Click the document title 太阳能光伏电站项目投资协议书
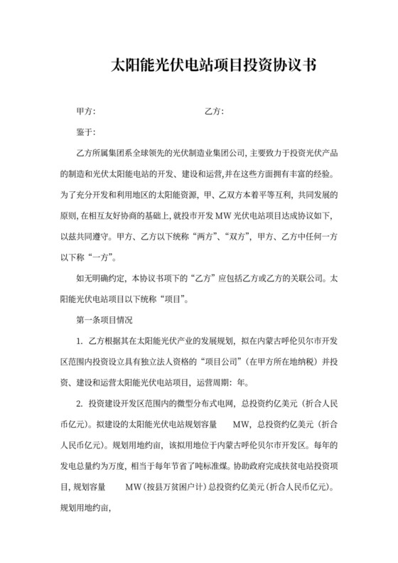(200, 66)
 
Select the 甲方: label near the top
(85, 112)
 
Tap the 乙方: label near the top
(214, 112)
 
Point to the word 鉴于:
(85, 133)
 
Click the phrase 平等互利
(274, 194)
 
